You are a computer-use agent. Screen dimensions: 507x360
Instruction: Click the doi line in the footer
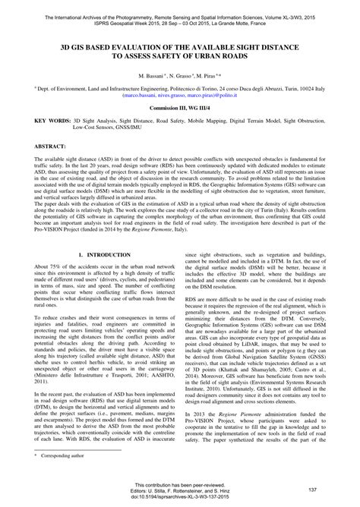coord(180,500)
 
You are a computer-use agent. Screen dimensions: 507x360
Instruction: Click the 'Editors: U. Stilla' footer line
coord(180,493)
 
